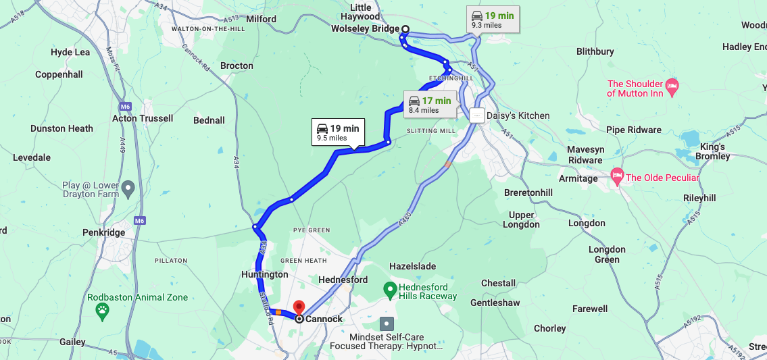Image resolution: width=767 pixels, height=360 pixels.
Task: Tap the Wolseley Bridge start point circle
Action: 405,28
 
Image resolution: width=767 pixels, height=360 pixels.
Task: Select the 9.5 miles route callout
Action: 339,132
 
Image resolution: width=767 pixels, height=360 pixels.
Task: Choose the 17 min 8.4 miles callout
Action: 430,105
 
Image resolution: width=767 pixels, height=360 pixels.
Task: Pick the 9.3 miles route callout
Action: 493,20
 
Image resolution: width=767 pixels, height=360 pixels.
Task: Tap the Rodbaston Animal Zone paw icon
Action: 102,311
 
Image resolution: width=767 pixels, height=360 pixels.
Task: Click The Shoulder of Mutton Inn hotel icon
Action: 672,85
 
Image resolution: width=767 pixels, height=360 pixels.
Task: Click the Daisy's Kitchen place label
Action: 518,115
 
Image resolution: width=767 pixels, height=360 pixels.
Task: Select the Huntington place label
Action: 265,275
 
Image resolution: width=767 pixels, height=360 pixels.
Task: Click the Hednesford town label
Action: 343,280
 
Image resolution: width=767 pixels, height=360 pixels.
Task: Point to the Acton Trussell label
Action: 143,118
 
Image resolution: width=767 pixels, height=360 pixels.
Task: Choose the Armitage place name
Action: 578,178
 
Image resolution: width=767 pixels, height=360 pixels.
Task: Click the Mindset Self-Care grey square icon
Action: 386,324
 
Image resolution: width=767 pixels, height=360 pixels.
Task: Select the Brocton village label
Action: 237,66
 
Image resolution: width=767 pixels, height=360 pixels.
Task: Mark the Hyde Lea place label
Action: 70,52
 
